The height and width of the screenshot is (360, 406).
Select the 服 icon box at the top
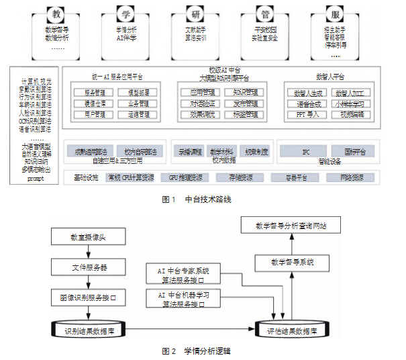pos(335,13)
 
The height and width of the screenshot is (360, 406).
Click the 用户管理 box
pos(94,115)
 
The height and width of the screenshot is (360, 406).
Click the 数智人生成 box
pos(308,92)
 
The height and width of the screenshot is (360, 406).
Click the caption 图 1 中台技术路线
pos(201,199)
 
